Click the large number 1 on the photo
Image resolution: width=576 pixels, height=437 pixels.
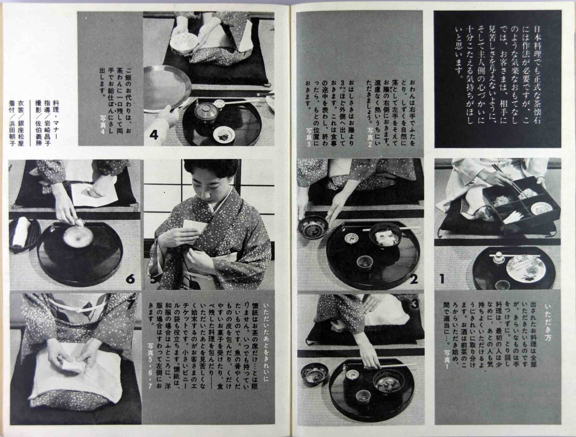click(442, 279)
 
